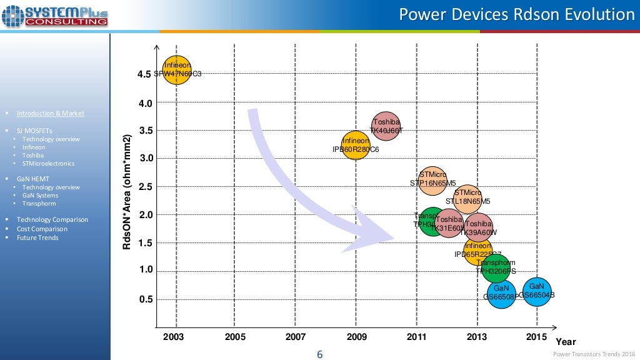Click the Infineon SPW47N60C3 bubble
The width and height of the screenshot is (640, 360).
click(177, 69)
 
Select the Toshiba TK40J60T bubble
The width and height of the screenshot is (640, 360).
click(386, 126)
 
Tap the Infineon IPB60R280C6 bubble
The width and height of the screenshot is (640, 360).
click(356, 145)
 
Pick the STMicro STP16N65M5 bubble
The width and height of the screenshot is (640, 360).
click(432, 179)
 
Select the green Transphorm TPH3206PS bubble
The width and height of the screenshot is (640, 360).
click(496, 267)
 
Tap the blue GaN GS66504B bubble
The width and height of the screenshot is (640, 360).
click(537, 292)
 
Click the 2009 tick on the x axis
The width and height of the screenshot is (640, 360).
click(356, 337)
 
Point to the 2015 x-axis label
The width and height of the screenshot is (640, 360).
click(536, 337)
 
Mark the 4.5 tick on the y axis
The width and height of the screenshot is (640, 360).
click(144, 74)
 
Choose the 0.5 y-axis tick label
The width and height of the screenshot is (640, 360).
click(144, 299)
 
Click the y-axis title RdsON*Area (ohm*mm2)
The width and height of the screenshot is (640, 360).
click(127, 192)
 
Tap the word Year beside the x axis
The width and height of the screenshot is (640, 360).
click(566, 342)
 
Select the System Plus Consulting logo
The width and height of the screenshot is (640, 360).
click(55, 15)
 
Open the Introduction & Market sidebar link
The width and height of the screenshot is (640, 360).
click(50, 113)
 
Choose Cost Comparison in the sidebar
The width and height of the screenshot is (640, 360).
click(42, 229)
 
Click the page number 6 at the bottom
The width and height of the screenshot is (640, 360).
click(320, 354)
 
